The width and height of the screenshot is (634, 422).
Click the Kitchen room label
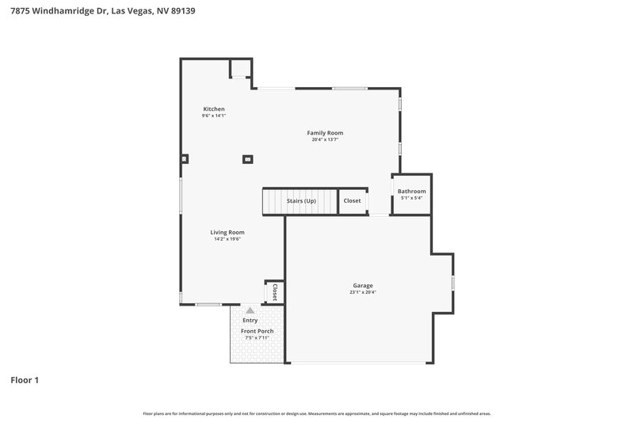214,109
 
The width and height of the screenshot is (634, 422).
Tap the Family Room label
325,133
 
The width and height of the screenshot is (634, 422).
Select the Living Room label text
227,232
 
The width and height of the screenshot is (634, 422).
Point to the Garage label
363,285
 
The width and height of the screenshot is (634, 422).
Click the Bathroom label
411,191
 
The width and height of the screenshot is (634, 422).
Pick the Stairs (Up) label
301,201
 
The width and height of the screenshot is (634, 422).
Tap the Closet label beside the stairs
352,201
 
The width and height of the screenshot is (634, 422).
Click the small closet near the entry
274,291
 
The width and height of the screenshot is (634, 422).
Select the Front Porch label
257,331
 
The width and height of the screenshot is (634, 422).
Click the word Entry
250,320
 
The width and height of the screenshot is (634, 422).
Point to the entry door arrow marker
250,310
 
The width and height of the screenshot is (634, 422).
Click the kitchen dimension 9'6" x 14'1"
214,116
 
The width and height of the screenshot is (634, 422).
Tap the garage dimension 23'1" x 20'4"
363,292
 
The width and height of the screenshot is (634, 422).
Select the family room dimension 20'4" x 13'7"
325,140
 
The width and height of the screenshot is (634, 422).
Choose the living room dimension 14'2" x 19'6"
227,239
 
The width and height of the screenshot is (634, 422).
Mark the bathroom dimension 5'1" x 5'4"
411,198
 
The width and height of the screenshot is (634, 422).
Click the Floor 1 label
25,380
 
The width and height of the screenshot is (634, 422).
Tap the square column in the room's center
248,158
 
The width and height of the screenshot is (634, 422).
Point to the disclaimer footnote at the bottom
317,413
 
